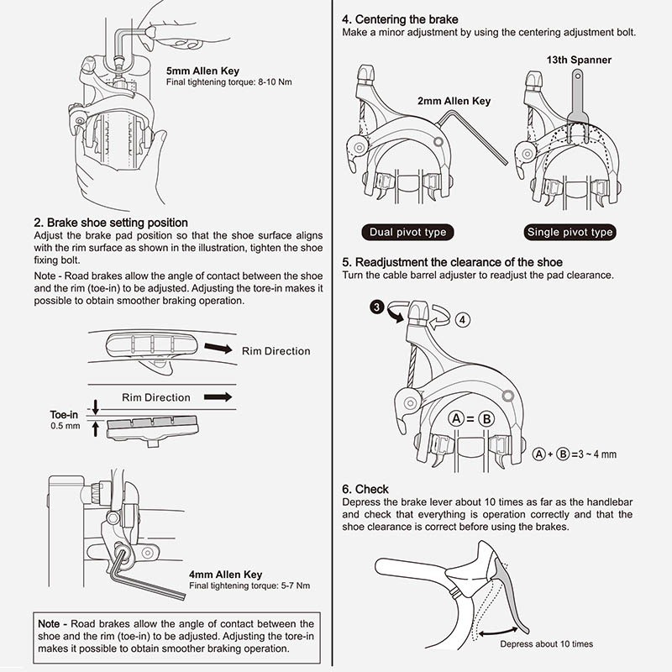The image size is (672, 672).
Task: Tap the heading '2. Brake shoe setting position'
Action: pos(110,223)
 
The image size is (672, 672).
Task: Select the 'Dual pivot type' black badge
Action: pos(408,232)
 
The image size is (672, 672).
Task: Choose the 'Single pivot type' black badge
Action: pos(570,232)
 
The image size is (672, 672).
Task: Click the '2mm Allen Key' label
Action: pos(454,101)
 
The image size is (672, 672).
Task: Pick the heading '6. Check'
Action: pos(365,489)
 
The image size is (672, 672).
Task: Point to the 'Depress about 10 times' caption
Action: pos(546,644)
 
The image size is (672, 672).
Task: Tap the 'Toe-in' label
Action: pos(65,414)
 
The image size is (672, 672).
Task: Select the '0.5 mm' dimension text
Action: pos(66,427)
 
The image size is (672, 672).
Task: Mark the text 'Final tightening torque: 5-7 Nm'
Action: pos(238,585)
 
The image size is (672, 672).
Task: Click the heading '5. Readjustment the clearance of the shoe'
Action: pos(452,262)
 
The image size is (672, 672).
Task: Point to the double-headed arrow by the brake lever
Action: pos(504,622)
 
